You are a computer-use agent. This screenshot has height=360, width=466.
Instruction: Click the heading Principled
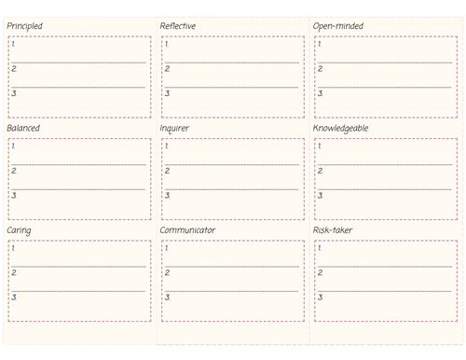(24, 26)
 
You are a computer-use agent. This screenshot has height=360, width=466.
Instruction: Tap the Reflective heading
(177, 26)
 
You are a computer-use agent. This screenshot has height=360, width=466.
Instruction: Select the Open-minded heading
(337, 26)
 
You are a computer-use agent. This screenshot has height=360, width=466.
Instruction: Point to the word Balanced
(23, 128)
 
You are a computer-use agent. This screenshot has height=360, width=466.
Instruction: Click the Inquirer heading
(174, 128)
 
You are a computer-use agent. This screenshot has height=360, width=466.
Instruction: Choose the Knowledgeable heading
(340, 128)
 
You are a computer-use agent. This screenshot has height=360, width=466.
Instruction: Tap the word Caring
(19, 229)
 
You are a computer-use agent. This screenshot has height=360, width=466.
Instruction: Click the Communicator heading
(187, 229)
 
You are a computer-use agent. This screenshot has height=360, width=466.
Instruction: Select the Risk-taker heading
(333, 229)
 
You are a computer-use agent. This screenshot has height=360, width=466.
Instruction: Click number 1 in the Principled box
(13, 44)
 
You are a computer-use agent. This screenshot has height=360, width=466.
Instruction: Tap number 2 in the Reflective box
(167, 69)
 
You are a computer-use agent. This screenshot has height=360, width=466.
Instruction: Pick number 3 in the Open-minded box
(320, 93)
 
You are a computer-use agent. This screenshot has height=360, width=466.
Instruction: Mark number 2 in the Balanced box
(14, 171)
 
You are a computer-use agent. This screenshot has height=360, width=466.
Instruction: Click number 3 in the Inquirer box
(167, 195)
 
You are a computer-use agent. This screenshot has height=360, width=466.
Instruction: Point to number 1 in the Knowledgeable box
(319, 145)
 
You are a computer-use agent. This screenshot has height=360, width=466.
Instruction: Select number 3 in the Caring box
(14, 297)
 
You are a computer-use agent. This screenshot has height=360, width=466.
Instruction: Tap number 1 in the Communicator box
(166, 247)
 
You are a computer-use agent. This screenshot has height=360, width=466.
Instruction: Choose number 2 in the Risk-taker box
(320, 272)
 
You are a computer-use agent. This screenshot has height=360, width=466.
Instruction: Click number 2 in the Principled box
(14, 69)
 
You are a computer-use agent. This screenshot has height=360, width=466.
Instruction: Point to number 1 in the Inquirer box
(166, 145)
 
